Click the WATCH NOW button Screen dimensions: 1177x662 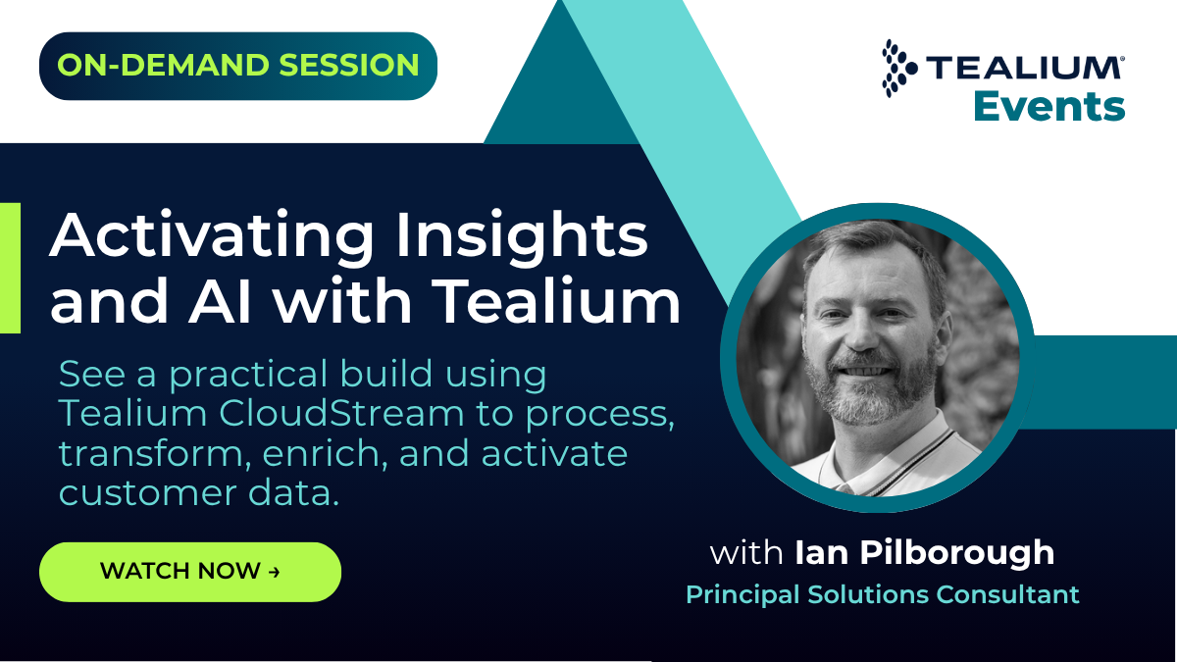pyautogui.click(x=190, y=572)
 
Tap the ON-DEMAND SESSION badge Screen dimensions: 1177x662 pyautogui.click(x=238, y=66)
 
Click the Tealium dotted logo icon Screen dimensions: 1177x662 pyautogui.click(x=898, y=69)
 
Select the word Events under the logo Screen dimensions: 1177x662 pyautogui.click(x=1049, y=107)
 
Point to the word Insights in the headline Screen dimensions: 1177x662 pyautogui.click(x=522, y=234)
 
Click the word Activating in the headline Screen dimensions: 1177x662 pyautogui.click(x=211, y=234)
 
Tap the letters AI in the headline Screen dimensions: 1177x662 pyautogui.click(x=219, y=302)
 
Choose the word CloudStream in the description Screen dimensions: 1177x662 pyautogui.click(x=341, y=413)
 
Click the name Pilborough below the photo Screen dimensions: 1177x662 pyautogui.click(x=957, y=554)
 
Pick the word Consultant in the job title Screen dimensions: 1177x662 pyautogui.click(x=1007, y=594)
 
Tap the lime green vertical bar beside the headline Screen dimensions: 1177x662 pyautogui.click(x=10, y=268)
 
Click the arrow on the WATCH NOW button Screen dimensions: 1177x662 pyautogui.click(x=274, y=572)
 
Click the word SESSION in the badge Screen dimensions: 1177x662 pyautogui.click(x=349, y=65)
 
